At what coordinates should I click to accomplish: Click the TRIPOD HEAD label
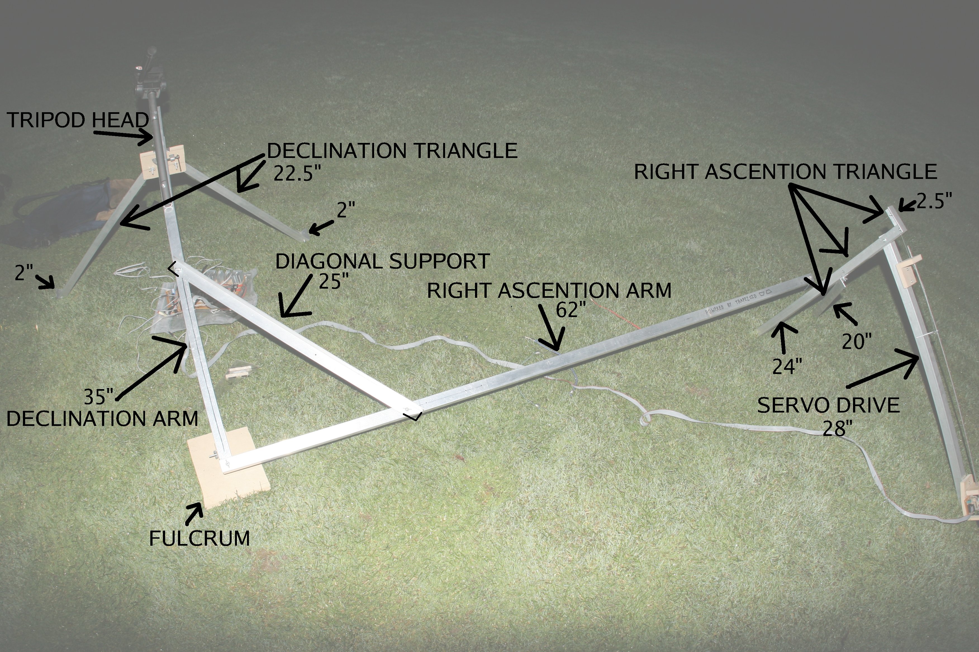point(78,120)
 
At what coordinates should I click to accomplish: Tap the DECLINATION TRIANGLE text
point(392,150)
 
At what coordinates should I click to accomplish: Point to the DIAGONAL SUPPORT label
point(382,262)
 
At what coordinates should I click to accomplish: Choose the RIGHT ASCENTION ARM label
point(549,291)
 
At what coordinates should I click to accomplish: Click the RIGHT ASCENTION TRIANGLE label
point(785,172)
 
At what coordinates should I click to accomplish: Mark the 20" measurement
point(857,341)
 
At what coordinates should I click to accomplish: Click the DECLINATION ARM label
point(102,419)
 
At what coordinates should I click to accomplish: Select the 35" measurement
point(99,397)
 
